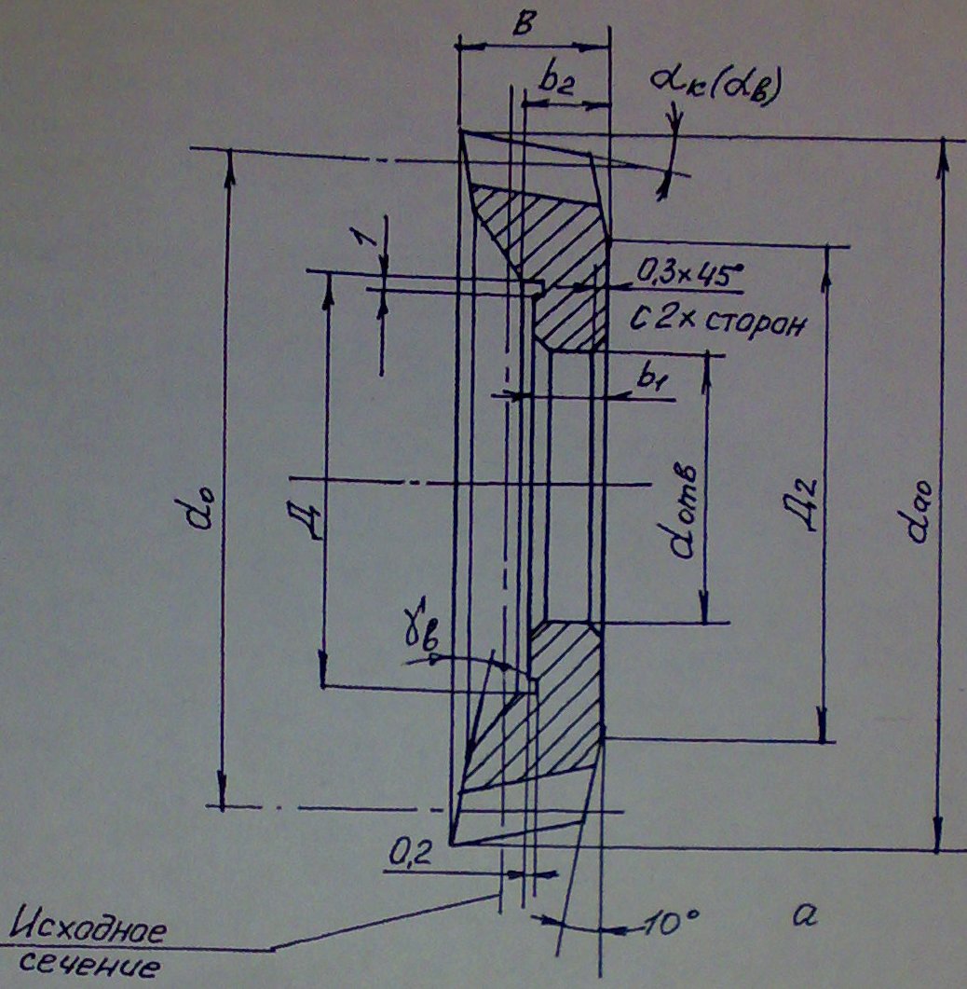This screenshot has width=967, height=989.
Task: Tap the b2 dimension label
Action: [555, 82]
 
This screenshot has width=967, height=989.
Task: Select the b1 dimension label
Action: [649, 379]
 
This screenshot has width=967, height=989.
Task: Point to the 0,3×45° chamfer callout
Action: [690, 273]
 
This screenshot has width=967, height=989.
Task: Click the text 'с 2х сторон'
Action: [714, 324]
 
